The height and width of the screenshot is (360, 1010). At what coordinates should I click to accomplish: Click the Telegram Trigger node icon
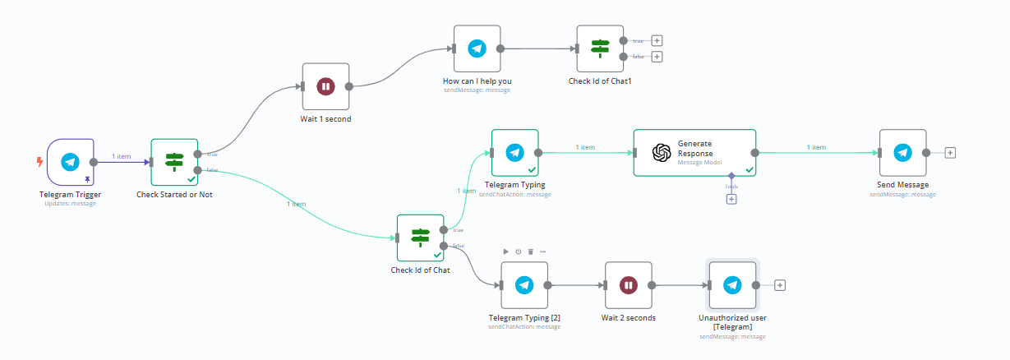[x=70, y=162]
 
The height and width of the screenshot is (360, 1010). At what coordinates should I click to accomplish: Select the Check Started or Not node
[x=174, y=162]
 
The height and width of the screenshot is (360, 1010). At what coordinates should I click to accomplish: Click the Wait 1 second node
[x=325, y=86]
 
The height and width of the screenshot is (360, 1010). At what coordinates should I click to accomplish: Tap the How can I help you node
[x=477, y=48]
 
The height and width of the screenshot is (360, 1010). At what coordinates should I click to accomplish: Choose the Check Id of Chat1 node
[x=600, y=48]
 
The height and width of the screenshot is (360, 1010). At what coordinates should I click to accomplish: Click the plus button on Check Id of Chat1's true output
[x=657, y=40]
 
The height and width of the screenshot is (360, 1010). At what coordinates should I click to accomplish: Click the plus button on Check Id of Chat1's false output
[x=657, y=57]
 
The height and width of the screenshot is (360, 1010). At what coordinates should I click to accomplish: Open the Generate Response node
[x=694, y=153]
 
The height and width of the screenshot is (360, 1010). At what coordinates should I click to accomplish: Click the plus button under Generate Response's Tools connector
[x=731, y=199]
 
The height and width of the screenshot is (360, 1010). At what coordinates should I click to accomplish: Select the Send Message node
[x=902, y=153]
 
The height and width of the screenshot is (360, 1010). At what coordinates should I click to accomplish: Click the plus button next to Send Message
[x=950, y=153]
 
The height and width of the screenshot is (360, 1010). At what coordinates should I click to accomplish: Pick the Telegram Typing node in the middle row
[x=514, y=153]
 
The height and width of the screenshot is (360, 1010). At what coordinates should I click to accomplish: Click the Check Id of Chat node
[x=420, y=238]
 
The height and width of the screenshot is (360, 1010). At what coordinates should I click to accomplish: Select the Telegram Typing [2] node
[x=524, y=285]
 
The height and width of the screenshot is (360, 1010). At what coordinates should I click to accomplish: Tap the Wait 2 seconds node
[x=628, y=285]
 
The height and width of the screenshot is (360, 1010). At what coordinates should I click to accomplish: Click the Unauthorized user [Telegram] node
[x=732, y=285]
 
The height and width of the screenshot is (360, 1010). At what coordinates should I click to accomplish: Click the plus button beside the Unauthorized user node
[x=780, y=285]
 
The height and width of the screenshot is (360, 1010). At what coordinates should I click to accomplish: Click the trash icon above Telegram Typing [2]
[x=531, y=252]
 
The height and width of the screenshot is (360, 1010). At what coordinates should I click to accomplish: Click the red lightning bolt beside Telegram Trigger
[x=39, y=162]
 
